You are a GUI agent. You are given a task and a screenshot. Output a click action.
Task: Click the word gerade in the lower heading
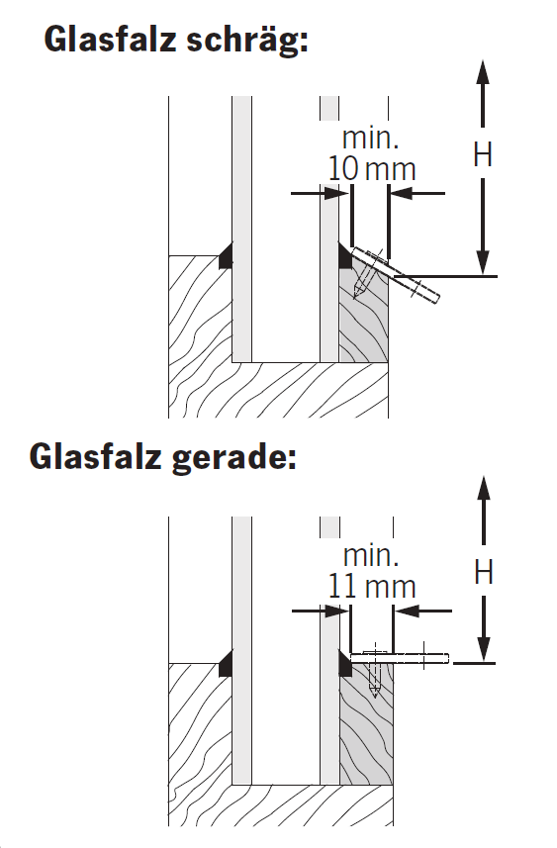click(234, 458)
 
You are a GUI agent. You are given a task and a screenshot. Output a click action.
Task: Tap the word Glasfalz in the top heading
click(111, 39)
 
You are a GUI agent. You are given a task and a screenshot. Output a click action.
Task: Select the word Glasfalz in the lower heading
click(96, 456)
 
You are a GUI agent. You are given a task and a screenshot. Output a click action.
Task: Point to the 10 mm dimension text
click(372, 169)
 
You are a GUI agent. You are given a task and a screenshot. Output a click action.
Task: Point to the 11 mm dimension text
click(372, 586)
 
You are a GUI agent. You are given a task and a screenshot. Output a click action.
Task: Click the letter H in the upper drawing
click(483, 154)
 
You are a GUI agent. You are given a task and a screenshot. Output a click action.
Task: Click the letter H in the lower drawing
click(484, 572)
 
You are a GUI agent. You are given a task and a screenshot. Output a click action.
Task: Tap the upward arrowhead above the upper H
click(483, 72)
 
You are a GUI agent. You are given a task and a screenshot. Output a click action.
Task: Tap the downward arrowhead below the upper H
click(484, 263)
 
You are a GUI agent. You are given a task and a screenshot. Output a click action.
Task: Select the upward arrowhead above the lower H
click(484, 489)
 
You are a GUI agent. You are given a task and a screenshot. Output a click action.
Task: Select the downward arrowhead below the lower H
click(484, 649)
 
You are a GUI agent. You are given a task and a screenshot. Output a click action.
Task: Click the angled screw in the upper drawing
click(366, 276)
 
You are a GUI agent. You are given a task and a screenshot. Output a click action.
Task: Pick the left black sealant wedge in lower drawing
click(226, 663)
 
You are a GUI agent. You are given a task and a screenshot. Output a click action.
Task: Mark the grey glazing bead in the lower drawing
click(366, 724)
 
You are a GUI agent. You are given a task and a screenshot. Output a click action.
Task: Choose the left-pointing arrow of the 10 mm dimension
click(418, 193)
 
